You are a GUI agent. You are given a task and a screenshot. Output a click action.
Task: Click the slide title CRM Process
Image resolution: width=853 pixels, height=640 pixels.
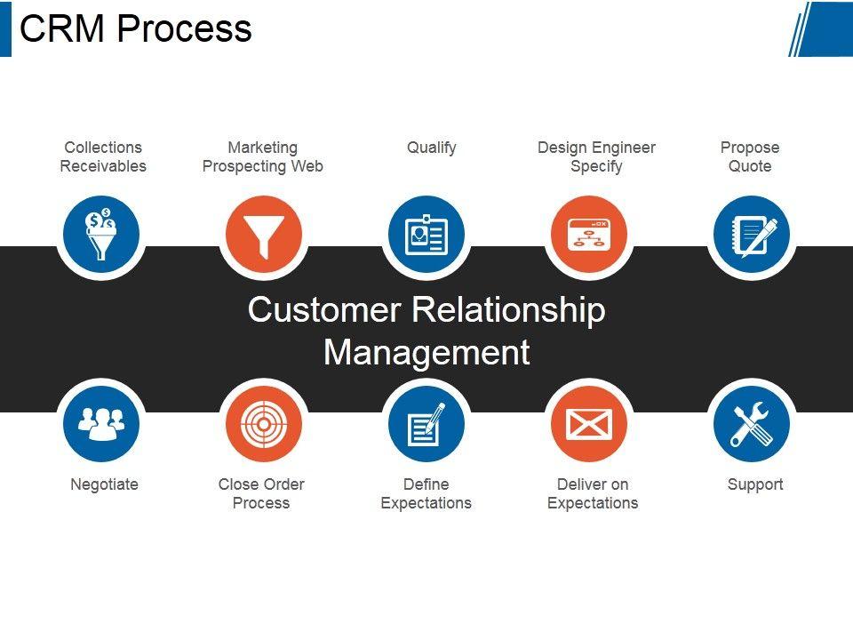pos(135,28)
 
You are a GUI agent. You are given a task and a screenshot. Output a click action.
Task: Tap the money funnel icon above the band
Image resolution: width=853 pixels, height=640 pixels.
pos(101,234)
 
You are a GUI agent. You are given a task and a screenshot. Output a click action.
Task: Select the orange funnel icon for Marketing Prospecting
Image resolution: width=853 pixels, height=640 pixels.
pos(264,234)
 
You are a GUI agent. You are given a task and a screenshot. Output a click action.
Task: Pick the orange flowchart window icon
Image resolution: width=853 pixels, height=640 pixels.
pos(589,234)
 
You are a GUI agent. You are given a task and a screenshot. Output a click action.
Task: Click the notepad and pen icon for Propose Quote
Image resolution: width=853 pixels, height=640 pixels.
pos(752,234)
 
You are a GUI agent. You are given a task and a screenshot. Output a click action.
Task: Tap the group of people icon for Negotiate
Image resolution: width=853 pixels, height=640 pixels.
pos(101,424)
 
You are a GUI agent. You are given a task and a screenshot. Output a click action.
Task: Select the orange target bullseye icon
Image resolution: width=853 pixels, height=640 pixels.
pos(264,424)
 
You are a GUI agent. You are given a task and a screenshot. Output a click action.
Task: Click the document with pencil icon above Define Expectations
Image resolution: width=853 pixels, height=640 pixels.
pos(426,424)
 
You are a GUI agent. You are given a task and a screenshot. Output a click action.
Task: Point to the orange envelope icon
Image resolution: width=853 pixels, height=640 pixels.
pos(589,424)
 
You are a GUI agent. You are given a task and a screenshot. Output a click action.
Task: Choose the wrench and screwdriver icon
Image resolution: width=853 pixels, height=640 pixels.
pos(752,424)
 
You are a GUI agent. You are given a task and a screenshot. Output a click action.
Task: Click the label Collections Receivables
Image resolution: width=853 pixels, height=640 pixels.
pos(103,156)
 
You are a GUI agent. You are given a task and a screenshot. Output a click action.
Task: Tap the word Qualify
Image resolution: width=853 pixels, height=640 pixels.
pos(432,148)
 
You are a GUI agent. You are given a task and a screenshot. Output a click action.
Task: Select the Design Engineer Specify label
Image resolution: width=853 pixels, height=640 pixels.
pos(597,156)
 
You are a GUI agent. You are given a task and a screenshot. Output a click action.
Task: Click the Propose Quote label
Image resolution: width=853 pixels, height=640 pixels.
pos(750,156)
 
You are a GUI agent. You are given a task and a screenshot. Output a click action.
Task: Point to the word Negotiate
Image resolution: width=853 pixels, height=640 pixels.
pos(105,484)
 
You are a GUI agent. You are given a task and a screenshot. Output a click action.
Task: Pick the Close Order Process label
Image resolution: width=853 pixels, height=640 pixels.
pos(261,493)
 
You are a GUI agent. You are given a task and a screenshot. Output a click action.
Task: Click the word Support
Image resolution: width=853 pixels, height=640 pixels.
pos(755,484)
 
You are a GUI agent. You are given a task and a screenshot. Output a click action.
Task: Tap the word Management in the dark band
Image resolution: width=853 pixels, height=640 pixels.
pos(427,353)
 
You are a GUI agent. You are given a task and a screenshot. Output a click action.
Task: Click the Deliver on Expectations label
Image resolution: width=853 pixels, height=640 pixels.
pos(593,493)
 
